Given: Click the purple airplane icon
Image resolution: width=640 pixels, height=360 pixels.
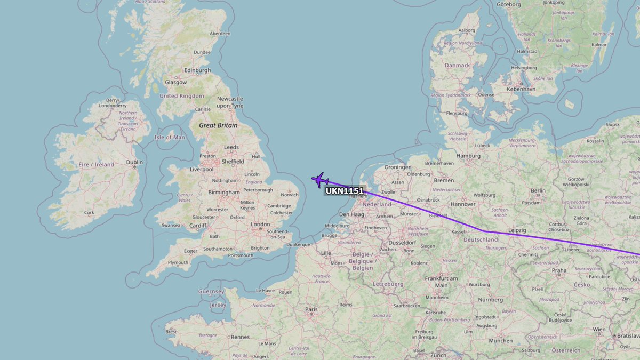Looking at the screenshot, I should (x=320, y=180).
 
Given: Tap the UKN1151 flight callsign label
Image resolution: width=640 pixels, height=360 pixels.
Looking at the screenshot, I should (x=344, y=191).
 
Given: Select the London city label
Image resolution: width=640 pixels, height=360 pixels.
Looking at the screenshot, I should (x=260, y=225).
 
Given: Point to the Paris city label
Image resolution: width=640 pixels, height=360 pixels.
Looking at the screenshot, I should (x=310, y=309).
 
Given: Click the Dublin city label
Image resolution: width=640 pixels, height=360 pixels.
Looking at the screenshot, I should (x=134, y=162).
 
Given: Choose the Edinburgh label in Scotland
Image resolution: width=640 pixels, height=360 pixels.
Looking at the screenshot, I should (x=197, y=70).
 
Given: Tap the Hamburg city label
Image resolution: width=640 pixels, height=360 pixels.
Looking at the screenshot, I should (x=468, y=156).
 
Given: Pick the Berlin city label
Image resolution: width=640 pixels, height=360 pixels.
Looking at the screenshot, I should (x=538, y=190).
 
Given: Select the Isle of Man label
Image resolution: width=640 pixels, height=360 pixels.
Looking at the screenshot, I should (x=171, y=137).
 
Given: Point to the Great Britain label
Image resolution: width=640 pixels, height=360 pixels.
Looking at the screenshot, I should (x=218, y=125).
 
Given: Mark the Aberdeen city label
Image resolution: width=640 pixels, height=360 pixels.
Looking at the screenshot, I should (x=220, y=34).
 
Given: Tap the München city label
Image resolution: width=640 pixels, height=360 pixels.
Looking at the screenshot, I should (x=500, y=340).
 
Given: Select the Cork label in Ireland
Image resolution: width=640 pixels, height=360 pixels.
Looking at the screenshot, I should (x=89, y=212).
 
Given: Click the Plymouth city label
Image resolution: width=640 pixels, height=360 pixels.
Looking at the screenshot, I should (x=178, y=262).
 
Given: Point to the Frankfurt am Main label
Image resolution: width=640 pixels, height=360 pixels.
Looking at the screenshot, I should (x=441, y=282).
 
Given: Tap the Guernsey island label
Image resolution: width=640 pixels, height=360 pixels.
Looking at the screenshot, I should (x=211, y=292).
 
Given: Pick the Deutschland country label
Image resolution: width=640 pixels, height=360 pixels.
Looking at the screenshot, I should (x=481, y=240).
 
